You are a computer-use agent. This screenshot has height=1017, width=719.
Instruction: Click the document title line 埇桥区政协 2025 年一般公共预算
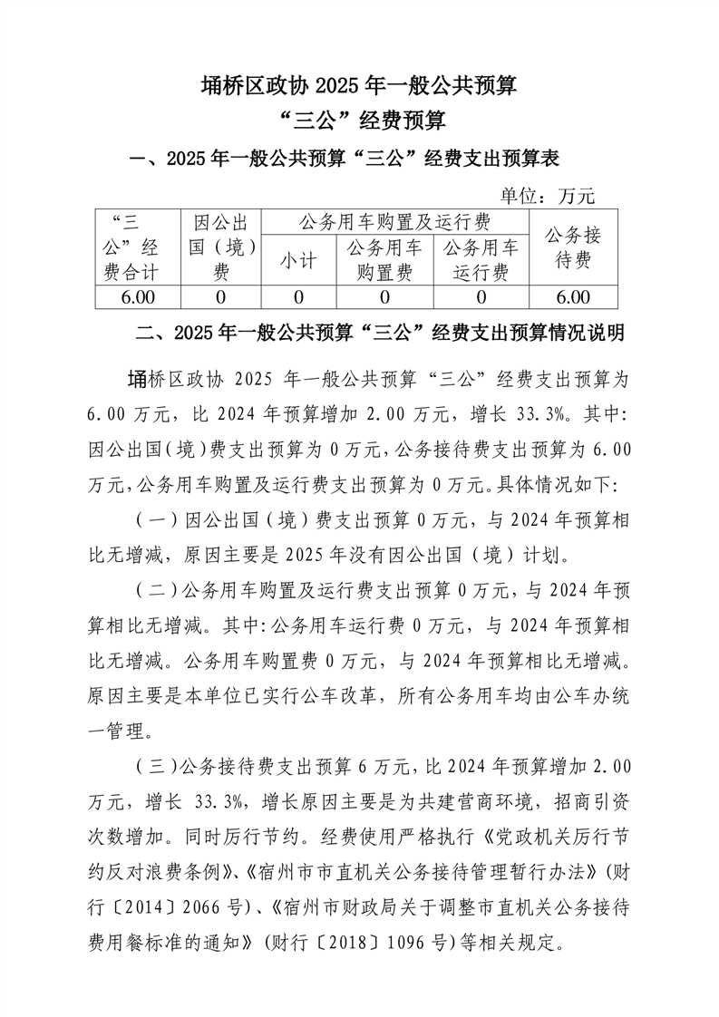click(359, 86)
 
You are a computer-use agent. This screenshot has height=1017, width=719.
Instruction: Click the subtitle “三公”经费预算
click(359, 121)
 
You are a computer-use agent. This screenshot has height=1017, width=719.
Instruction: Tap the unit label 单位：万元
click(548, 194)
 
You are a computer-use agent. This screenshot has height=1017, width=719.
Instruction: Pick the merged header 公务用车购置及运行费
click(394, 222)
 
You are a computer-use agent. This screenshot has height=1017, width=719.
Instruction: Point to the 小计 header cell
click(298, 261)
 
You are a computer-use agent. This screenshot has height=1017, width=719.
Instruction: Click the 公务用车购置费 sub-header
click(384, 259)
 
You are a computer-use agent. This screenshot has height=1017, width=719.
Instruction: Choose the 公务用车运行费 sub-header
click(481, 259)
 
